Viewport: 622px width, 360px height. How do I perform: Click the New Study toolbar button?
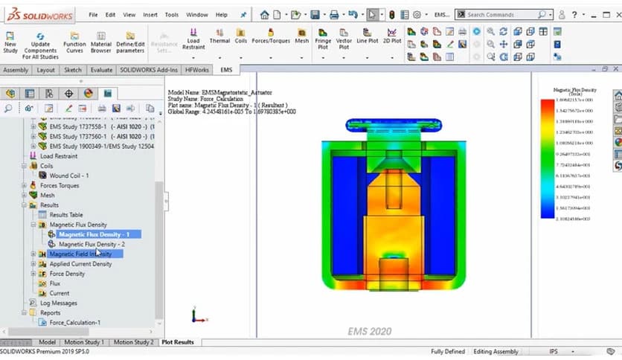(10, 41)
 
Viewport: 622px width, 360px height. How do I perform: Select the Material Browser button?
(101, 41)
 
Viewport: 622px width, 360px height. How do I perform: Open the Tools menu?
(172, 14)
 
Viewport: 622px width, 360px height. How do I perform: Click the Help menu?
(222, 14)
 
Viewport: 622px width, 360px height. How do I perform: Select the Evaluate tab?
(100, 70)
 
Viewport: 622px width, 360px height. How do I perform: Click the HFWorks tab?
(197, 70)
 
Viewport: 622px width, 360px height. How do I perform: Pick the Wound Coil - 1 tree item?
(69, 176)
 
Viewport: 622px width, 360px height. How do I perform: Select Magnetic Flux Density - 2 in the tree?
(92, 244)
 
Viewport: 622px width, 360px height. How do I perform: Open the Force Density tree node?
(67, 274)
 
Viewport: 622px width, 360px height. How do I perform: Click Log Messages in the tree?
(58, 303)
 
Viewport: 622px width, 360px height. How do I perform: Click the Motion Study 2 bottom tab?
(134, 342)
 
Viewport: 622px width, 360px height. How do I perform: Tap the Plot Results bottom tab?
(178, 342)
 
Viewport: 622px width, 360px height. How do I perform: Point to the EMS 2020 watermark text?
(369, 331)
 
